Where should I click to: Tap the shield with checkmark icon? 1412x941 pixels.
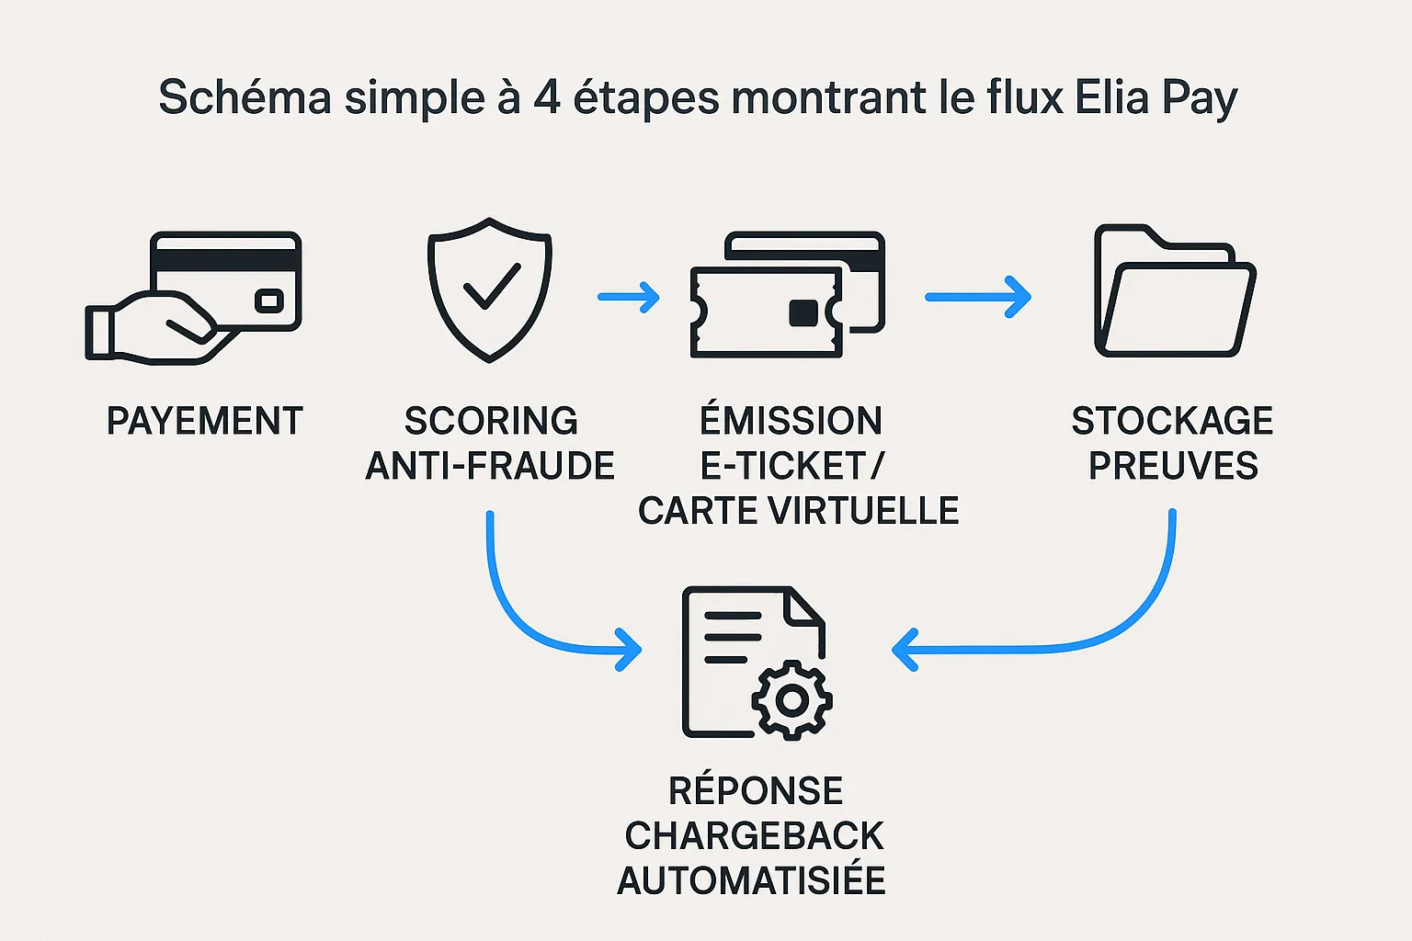[x=490, y=289]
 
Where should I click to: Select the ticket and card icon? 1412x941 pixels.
[x=786, y=294]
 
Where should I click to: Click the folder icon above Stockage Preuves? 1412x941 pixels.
[x=1174, y=292]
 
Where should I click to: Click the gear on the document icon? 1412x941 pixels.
[x=791, y=700]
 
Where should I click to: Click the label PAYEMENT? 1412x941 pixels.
[x=204, y=421]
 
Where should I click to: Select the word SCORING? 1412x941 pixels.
[x=491, y=421]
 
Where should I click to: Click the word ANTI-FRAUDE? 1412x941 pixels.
[x=490, y=466]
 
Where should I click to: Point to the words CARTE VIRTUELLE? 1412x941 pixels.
[x=798, y=511]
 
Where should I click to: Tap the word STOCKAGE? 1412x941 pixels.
[x=1172, y=421]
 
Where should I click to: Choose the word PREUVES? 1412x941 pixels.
[x=1173, y=466]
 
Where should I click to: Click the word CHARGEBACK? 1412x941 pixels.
[x=754, y=835]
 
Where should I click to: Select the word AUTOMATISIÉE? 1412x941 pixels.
[x=752, y=880]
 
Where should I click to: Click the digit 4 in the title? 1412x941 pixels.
[x=547, y=97]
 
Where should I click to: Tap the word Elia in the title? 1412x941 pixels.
[x=1111, y=97]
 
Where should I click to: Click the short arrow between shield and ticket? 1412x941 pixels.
[x=629, y=297]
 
